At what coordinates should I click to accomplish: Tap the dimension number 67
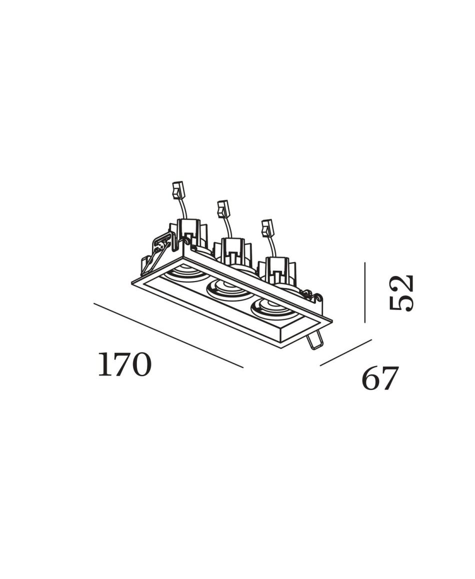pyautogui.click(x=379, y=378)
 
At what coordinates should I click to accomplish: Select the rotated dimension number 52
pyautogui.click(x=401, y=293)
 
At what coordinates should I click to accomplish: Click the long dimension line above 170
pyautogui.click(x=168, y=335)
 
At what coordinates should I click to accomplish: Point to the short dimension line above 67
pyautogui.click(x=346, y=353)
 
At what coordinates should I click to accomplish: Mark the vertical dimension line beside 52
pyautogui.click(x=365, y=292)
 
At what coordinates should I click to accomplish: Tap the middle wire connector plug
pyautogui.click(x=223, y=209)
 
